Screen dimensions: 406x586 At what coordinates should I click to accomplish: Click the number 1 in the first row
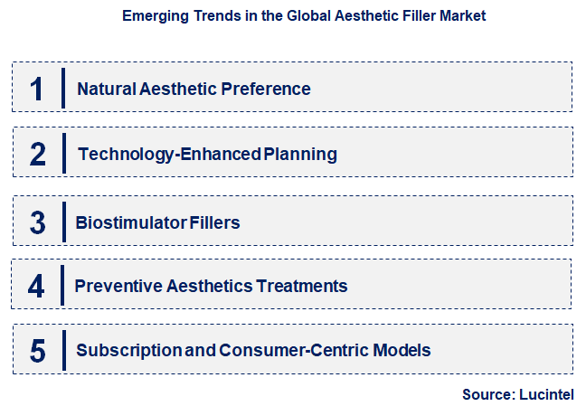(36, 89)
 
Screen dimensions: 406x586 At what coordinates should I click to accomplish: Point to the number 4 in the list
(36, 287)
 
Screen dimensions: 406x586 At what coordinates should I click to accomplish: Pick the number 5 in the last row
(37, 351)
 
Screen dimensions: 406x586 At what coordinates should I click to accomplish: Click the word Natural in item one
(107, 89)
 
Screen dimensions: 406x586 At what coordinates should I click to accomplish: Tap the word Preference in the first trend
(270, 89)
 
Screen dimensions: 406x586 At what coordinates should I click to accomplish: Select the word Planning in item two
(300, 155)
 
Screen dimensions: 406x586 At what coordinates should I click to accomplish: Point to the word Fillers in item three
(213, 222)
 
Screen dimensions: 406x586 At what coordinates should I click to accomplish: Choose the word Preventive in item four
(114, 287)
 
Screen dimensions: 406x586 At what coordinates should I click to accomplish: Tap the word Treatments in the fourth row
(302, 287)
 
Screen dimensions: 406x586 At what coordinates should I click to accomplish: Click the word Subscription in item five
(128, 350)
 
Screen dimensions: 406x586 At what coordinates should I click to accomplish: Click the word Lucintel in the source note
(547, 394)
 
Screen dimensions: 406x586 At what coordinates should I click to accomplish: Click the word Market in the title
(464, 16)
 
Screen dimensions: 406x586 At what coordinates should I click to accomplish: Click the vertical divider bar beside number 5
(63, 351)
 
